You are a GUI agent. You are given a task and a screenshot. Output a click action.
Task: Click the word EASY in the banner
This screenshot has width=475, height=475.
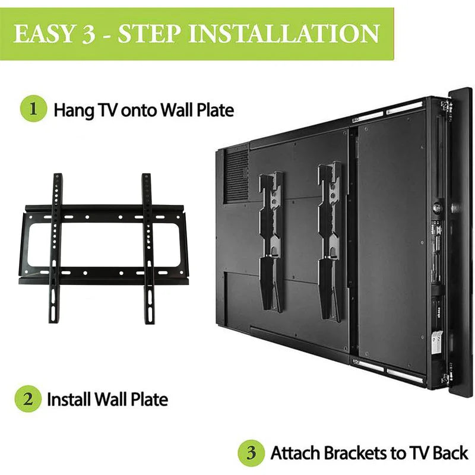point(46,34)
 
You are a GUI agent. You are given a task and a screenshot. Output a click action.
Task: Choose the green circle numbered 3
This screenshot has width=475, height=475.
point(251,453)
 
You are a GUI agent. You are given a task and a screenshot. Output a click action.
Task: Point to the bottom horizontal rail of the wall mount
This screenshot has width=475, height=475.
point(101,277)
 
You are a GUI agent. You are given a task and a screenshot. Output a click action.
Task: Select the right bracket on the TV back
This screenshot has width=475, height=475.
point(330,240)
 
